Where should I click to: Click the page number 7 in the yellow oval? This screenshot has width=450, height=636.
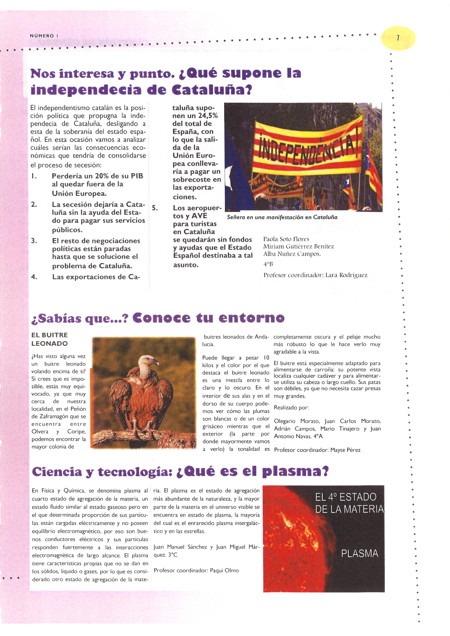click(398, 38)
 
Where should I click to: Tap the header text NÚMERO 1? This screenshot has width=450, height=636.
click(44, 36)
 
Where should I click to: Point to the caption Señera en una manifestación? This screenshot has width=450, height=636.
click(282, 217)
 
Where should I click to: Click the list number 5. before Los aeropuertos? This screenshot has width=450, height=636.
click(155, 208)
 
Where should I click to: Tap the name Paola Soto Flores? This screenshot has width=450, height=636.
click(286, 239)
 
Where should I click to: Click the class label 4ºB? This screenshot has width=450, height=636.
click(268, 264)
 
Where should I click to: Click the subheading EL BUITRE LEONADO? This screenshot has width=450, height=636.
click(50, 339)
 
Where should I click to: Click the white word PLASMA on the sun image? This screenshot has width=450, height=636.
click(359, 554)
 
